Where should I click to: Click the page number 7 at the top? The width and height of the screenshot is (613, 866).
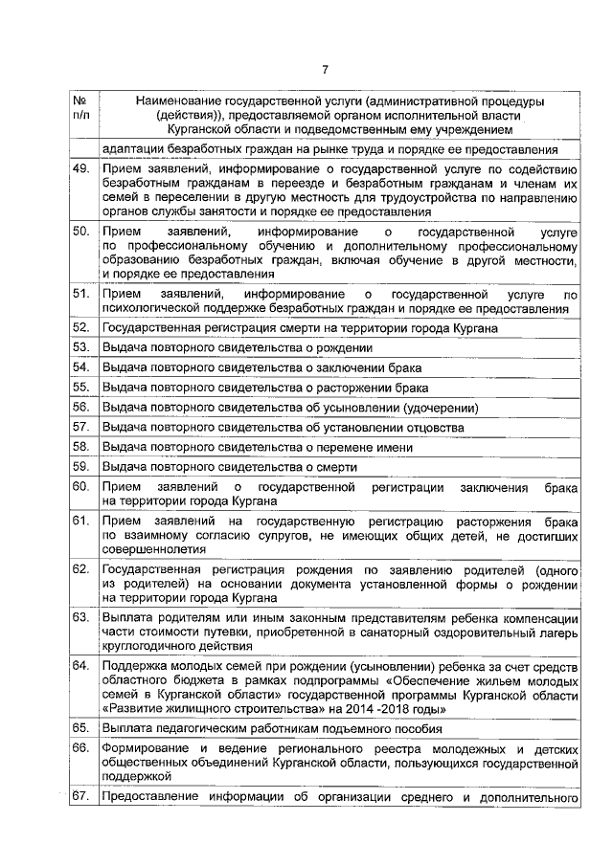[x=325, y=69]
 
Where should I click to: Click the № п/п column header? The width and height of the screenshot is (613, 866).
[x=81, y=108]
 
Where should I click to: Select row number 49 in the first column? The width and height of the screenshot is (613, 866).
[x=81, y=169]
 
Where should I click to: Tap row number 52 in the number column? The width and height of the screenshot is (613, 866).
[x=81, y=327]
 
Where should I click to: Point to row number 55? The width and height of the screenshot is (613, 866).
[x=81, y=388]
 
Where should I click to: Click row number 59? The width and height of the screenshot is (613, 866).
[x=81, y=467]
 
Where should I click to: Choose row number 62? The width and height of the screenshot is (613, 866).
[x=81, y=570]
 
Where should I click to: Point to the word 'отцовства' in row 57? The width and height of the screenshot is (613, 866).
[x=432, y=428]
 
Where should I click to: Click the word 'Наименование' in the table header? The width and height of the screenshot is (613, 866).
[x=179, y=100]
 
